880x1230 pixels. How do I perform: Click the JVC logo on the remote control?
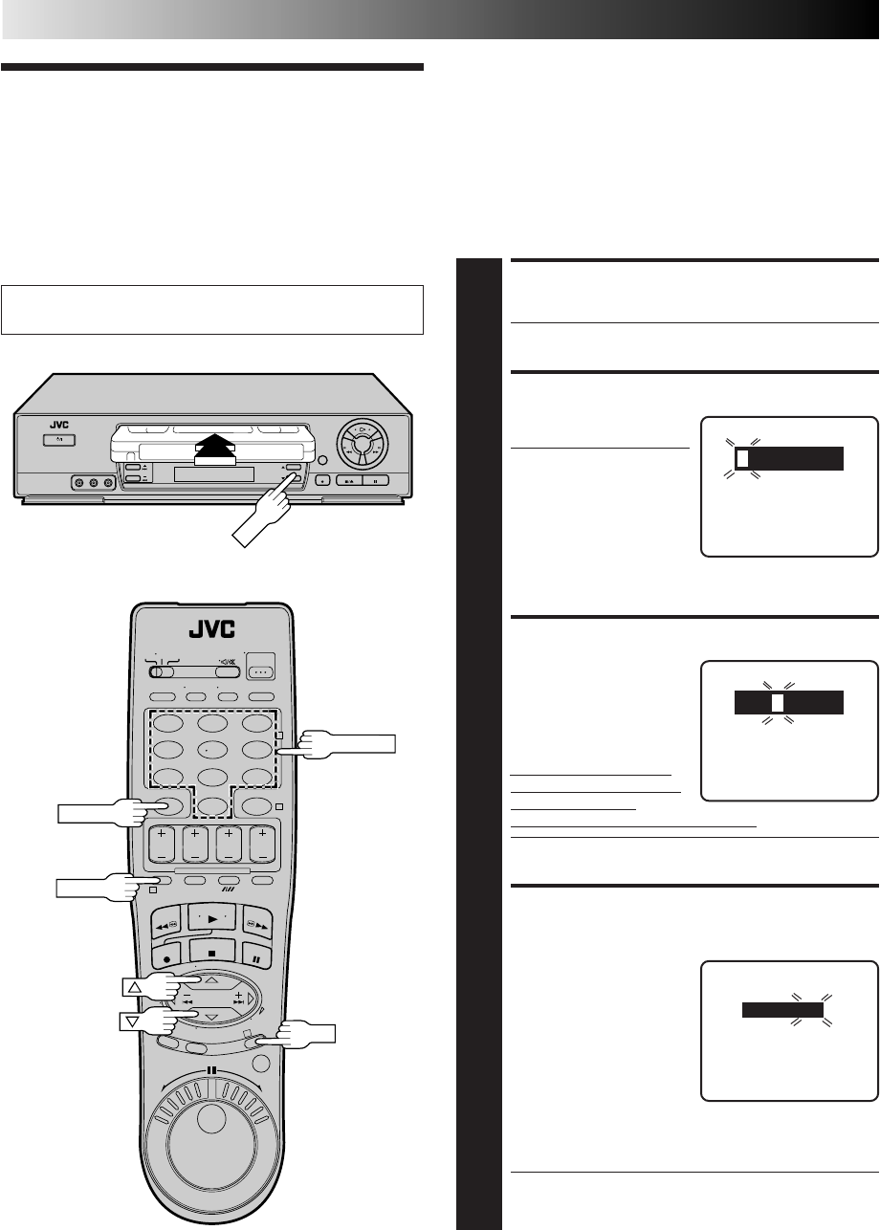[209, 631]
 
